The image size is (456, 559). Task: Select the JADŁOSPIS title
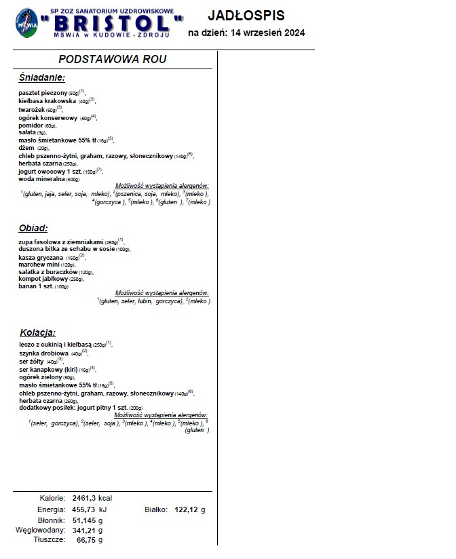coord(246,15)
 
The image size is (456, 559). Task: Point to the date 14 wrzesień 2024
coord(271,33)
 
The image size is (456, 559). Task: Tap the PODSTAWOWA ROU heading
coord(113,60)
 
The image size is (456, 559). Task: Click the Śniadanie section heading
coord(42,78)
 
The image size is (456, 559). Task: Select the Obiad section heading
coord(34,229)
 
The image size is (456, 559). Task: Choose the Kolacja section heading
coord(37,332)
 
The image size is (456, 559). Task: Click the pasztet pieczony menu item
coord(43,92)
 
